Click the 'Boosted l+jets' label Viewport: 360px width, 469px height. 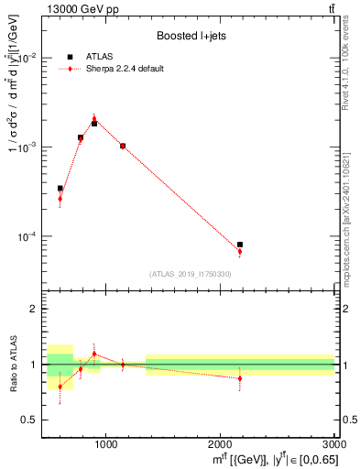[x=189, y=37]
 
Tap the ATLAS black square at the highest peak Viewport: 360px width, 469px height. [x=94, y=123]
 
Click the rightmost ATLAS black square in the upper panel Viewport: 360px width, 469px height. [x=240, y=245]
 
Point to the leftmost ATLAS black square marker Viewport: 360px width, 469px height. [x=60, y=188]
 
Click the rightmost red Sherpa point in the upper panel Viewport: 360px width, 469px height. [x=240, y=251]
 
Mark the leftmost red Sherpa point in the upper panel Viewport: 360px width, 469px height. [x=60, y=199]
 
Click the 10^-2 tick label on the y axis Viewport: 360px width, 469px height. [x=30, y=58]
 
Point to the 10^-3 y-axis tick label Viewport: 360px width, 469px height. [x=30, y=147]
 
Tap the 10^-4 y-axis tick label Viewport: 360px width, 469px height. [x=30, y=236]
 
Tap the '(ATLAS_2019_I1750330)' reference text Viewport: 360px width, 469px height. [x=191, y=274]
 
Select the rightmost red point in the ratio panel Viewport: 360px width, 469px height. [x=240, y=378]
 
